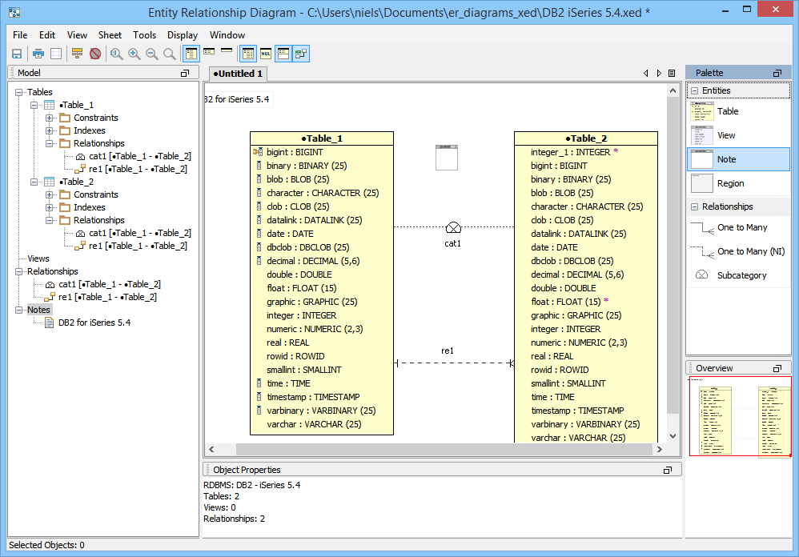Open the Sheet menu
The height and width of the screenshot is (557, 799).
click(x=110, y=35)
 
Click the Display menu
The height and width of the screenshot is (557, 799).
click(x=183, y=35)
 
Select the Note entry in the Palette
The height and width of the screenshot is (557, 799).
click(x=726, y=159)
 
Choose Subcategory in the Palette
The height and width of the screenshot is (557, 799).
click(x=741, y=275)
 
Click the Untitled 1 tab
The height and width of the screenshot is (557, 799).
click(x=238, y=74)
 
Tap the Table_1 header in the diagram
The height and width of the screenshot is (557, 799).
click(x=322, y=138)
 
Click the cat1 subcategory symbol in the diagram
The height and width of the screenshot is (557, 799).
click(x=453, y=227)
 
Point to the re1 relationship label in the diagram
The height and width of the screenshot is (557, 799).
click(x=448, y=351)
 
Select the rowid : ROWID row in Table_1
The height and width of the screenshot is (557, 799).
click(x=295, y=356)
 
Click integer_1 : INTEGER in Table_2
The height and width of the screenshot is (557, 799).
click(x=570, y=152)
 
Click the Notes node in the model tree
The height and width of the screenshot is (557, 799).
click(x=38, y=310)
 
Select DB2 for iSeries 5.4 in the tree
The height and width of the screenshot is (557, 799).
click(x=94, y=323)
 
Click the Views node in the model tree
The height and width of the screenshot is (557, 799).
click(x=38, y=258)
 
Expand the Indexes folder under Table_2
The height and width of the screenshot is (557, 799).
click(x=50, y=207)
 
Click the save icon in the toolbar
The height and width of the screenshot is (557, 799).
click(x=17, y=54)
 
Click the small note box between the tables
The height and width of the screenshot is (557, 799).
click(x=447, y=157)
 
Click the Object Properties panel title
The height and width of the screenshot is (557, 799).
click(x=247, y=470)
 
